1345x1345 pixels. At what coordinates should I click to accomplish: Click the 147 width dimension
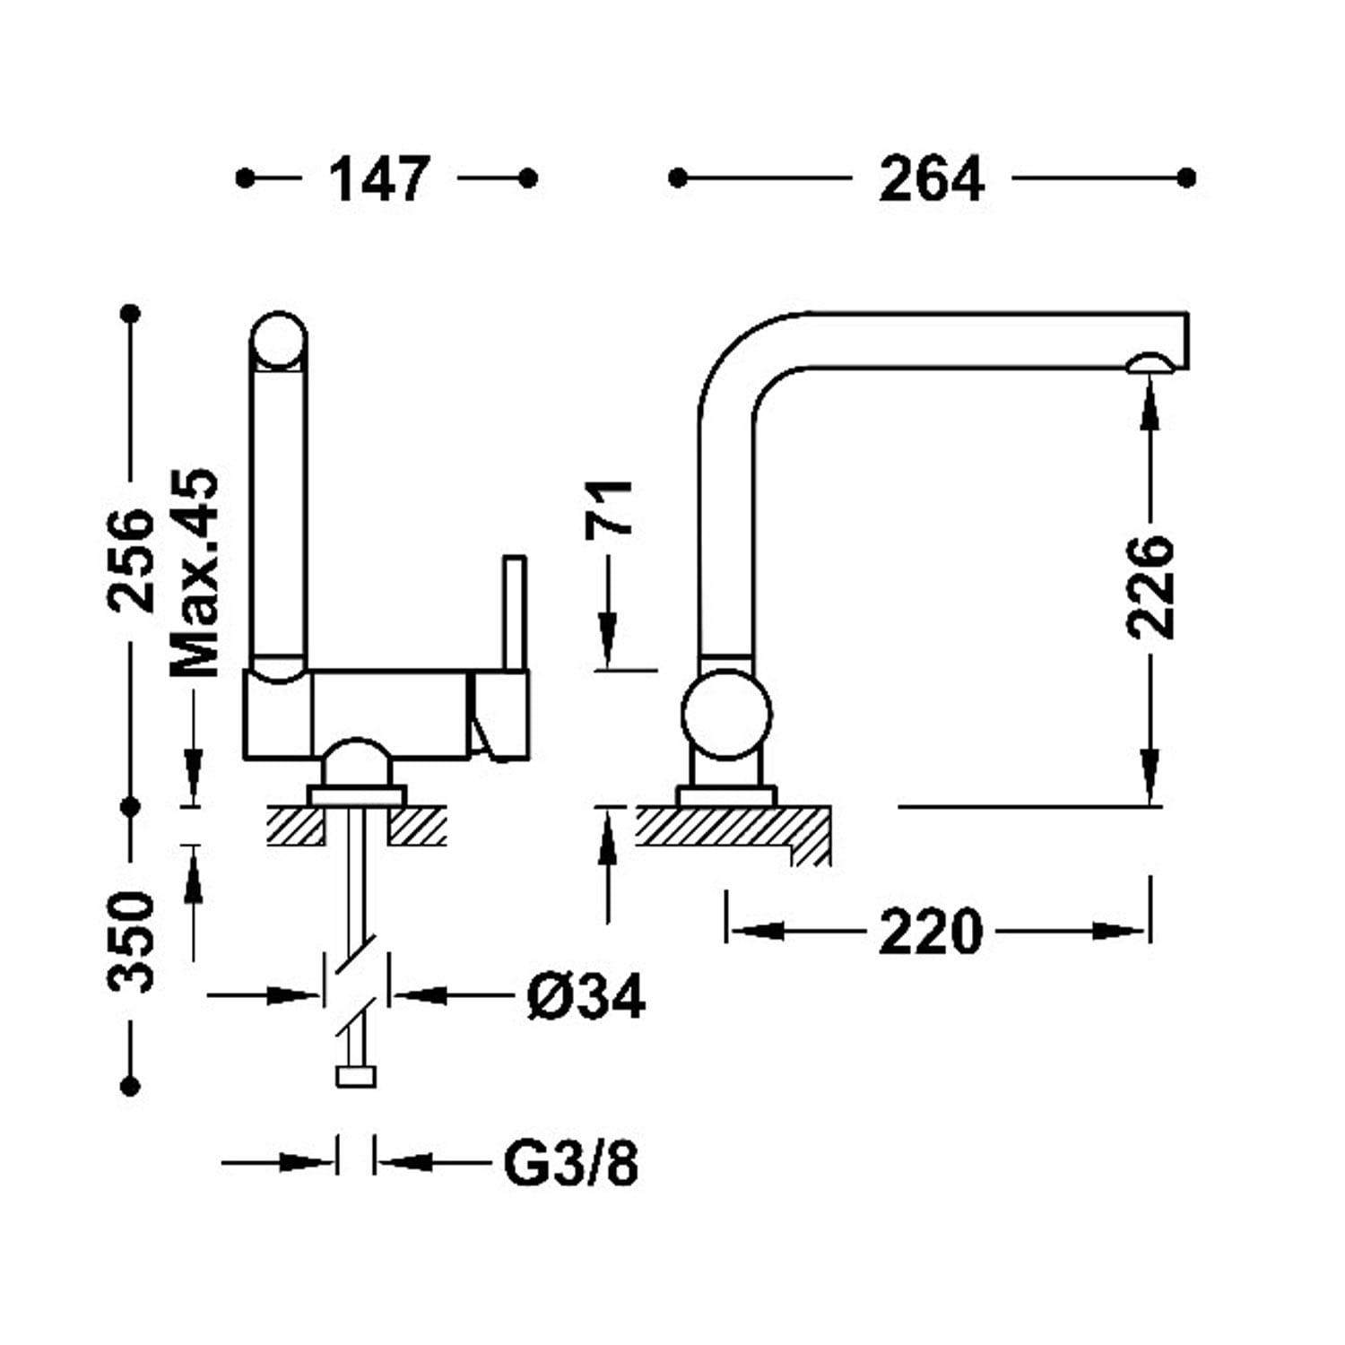pyautogui.click(x=380, y=179)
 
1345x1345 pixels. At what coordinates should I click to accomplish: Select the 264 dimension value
pyautogui.click(x=932, y=179)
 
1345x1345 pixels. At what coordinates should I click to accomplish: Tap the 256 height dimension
pyautogui.click(x=131, y=560)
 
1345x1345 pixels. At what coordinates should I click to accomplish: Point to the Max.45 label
pyautogui.click(x=195, y=574)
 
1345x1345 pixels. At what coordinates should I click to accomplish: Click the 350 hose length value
pyautogui.click(x=131, y=941)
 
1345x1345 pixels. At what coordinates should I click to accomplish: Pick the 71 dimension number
pyautogui.click(x=609, y=509)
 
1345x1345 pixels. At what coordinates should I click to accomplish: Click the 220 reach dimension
pyautogui.click(x=931, y=932)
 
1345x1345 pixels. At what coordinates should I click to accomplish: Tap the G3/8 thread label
pyautogui.click(x=571, y=1164)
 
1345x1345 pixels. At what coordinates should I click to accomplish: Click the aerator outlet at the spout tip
pyautogui.click(x=1150, y=362)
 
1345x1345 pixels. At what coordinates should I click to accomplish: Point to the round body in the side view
pyautogui.click(x=726, y=715)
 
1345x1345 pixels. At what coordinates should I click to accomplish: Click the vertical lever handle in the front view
pyautogui.click(x=515, y=613)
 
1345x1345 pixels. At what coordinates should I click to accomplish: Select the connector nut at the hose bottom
pyautogui.click(x=356, y=1076)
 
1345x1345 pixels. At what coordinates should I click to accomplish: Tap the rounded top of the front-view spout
pyautogui.click(x=278, y=341)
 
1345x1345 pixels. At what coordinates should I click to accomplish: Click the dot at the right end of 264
pyautogui.click(x=1186, y=178)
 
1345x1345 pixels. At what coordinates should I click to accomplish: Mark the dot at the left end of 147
pyautogui.click(x=245, y=178)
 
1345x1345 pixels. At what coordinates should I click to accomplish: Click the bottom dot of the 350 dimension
pyautogui.click(x=131, y=1086)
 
